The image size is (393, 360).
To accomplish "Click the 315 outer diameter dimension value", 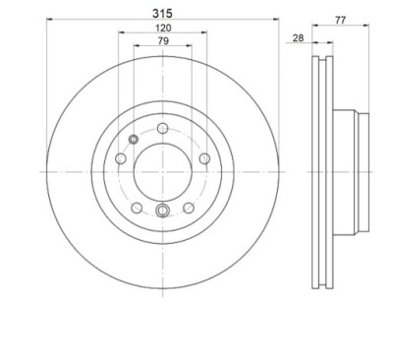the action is tap(162, 14).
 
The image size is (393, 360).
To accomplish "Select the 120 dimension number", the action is tap(163, 28).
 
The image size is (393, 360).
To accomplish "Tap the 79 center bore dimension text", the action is tap(163, 41).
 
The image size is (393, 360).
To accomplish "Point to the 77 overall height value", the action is tap(340, 20).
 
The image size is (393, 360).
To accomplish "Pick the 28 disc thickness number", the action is tap(298, 38).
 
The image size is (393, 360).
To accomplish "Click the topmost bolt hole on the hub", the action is tap(162, 128).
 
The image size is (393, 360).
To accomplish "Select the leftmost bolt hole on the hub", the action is tap(121, 158).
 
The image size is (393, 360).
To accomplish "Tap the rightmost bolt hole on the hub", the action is tap(204, 158).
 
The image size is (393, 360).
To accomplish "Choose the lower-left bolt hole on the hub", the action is tap(137, 208).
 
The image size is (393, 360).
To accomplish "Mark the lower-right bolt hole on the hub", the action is tap(189, 208).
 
